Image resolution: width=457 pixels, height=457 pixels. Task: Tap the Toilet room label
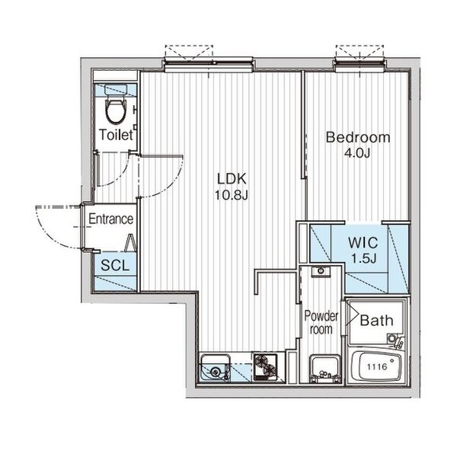pos(116,135)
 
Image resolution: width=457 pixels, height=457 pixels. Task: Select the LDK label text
pos(232,179)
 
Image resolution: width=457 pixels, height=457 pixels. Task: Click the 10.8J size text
pos(231,195)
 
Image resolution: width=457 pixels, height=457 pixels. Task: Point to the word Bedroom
pos(358,137)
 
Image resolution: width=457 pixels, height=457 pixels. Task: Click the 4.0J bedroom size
pos(357,153)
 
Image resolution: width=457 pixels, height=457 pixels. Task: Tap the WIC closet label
pos(363,242)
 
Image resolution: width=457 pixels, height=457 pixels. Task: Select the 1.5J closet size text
pos(363,258)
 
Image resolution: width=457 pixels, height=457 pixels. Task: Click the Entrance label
pos(110,219)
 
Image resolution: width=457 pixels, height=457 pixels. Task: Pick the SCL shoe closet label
pos(115,265)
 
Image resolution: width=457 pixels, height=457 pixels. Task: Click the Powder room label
pos(321,322)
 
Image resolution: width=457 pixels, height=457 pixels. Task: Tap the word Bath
pos(376,321)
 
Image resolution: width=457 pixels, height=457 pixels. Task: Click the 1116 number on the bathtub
pos(377,366)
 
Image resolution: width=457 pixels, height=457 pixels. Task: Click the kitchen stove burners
pos(265,367)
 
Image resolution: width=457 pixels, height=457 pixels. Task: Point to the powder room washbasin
pos(324,368)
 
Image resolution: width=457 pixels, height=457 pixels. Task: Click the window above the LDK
pos(208,64)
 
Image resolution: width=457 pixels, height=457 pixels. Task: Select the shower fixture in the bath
pos(395,341)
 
